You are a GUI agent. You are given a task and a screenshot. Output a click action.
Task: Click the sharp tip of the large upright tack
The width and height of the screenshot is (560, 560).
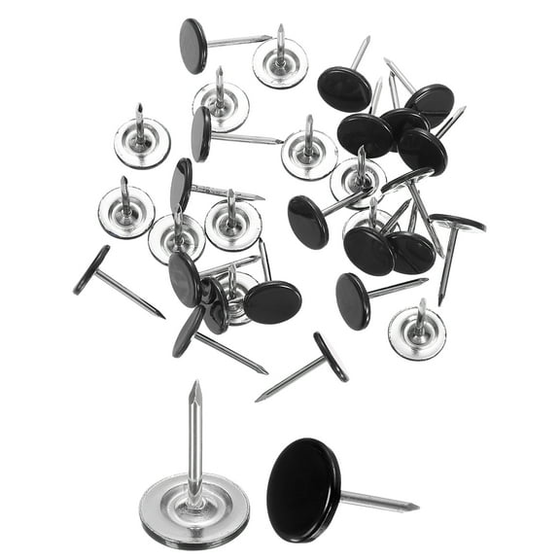[x=195, y=383]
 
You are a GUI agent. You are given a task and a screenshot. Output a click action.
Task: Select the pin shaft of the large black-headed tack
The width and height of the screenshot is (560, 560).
[x=374, y=501]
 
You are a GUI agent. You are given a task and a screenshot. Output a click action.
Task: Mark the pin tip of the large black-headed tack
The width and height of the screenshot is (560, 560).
[x=417, y=507]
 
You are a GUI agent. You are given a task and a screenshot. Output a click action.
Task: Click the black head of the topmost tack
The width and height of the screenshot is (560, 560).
[x=193, y=45]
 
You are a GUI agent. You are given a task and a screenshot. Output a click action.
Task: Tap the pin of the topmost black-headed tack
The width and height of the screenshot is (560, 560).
[x=238, y=41]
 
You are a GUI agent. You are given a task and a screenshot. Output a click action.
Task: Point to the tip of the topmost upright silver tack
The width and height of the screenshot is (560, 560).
[x=280, y=26]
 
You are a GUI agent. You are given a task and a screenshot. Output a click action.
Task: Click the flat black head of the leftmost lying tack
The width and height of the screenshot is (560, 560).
[x=91, y=270]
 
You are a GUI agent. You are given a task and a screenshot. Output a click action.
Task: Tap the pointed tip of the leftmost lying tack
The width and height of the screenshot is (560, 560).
[x=162, y=317]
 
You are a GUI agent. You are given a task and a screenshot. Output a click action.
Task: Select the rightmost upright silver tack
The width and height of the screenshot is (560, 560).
[x=417, y=333]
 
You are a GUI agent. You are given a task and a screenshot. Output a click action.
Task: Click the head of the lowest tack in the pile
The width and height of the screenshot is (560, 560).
[x=331, y=356]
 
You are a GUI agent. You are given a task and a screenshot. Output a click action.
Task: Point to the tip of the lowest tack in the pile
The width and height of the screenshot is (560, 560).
[x=258, y=400]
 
